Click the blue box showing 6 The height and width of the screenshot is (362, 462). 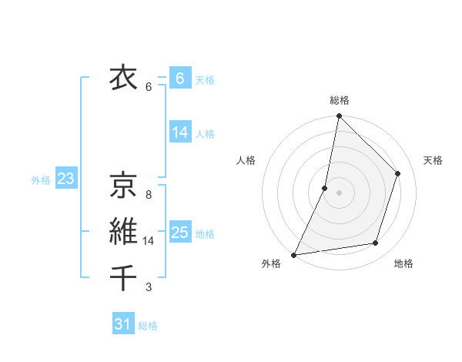click(179, 79)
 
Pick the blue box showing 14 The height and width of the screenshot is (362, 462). click(179, 132)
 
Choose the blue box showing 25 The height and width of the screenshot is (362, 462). click(179, 233)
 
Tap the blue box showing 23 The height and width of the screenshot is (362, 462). click(65, 179)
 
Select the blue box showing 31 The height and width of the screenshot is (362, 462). click(123, 324)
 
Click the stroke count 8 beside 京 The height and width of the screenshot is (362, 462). click(149, 195)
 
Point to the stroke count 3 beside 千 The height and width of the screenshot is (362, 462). click(149, 287)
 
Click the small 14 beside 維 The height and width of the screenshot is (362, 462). click(149, 241)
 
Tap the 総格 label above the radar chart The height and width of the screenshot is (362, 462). click(340, 100)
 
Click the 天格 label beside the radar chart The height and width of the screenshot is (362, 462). click(434, 160)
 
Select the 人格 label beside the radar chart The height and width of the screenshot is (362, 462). click(246, 160)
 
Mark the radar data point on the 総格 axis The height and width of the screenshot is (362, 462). click(339, 117)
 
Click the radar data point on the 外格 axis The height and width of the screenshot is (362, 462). click(293, 255)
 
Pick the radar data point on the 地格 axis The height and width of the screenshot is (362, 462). click(376, 243)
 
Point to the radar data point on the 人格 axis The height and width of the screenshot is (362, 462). click(325, 188)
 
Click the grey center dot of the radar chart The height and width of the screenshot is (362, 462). click(339, 193)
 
